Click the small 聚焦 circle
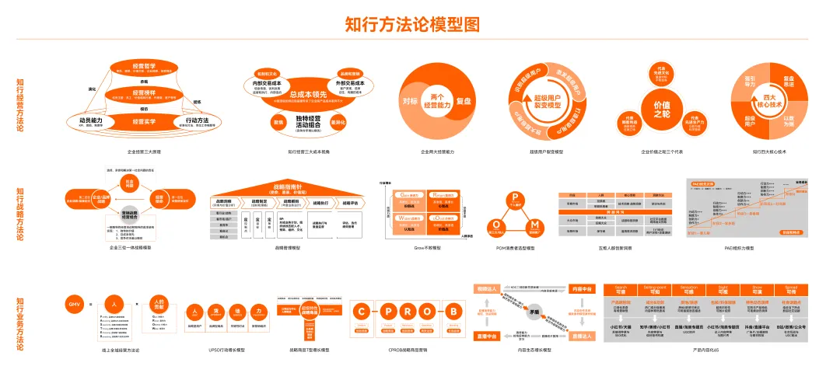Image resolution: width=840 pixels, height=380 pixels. [x=277, y=122]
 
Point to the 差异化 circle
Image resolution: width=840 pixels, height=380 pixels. [x=338, y=122]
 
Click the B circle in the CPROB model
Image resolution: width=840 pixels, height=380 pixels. [x=453, y=312]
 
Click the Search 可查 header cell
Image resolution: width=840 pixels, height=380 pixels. [x=621, y=288]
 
